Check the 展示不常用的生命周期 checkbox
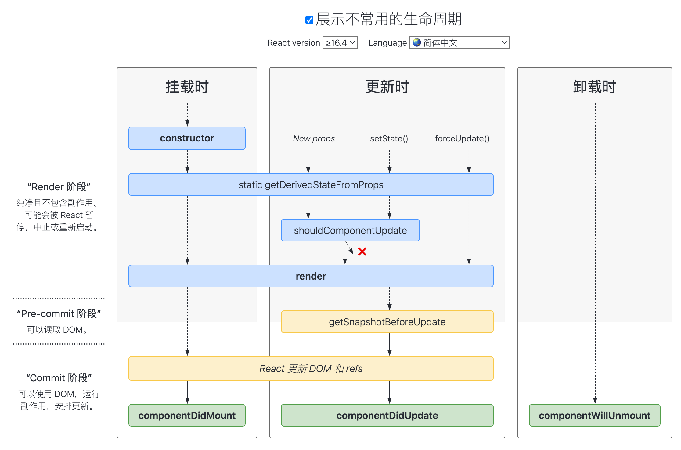309,20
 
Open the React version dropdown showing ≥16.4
340,43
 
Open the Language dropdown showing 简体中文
459,43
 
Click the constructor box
187,138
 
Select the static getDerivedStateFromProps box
311,185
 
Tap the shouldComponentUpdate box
350,230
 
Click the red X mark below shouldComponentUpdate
362,252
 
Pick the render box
311,276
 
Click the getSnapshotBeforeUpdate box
387,322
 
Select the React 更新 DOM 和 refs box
311,369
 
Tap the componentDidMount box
187,416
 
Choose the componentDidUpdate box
387,416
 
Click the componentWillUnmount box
594,416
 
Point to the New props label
314,139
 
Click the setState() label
389,139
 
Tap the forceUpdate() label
462,139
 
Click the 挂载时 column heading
187,87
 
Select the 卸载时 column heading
594,87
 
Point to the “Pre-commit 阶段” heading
59,314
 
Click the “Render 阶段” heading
59,187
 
